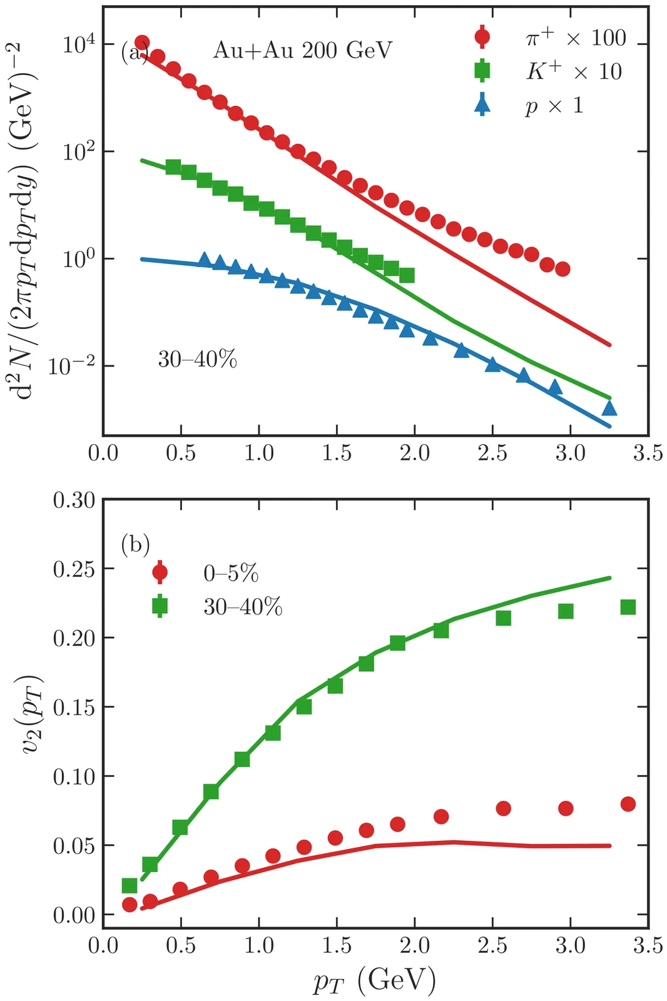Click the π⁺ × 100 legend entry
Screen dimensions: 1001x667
click(575, 38)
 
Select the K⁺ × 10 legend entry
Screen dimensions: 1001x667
click(573, 71)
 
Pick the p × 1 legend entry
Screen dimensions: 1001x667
click(554, 105)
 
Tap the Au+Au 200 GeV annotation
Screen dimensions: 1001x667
click(302, 50)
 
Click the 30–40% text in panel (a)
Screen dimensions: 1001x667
click(197, 360)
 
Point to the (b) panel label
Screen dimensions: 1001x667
click(135, 544)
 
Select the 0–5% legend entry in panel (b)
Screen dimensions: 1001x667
click(231, 573)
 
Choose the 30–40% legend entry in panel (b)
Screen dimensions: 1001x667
click(243, 607)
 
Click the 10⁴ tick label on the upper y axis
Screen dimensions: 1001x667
click(79, 45)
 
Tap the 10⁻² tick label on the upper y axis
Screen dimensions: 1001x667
click(71, 366)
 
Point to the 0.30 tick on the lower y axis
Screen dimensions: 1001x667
click(74, 500)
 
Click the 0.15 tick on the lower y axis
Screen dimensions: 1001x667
click(74, 708)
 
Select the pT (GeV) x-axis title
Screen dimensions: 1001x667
click(374, 980)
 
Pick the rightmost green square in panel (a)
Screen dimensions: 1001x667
click(407, 275)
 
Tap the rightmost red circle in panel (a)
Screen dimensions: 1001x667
click(563, 269)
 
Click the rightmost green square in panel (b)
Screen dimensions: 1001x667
click(628, 607)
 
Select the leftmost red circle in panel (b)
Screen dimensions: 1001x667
click(130, 905)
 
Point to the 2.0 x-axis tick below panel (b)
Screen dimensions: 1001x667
click(414, 945)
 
